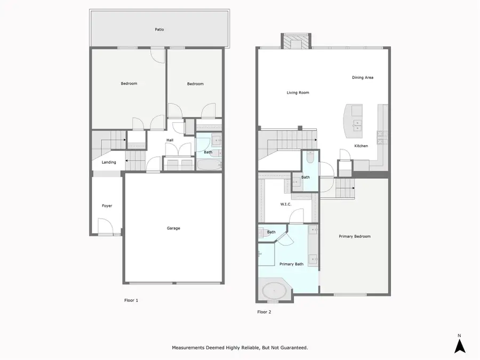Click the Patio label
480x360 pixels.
pyautogui.click(x=159, y=30)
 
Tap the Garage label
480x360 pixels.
pyautogui.click(x=173, y=228)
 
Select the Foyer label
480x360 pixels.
pyautogui.click(x=107, y=206)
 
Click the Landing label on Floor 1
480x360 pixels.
pyautogui.click(x=109, y=162)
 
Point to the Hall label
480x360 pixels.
pyautogui.click(x=170, y=140)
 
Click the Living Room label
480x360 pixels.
pyautogui.click(x=298, y=93)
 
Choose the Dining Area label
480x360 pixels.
pyautogui.click(x=363, y=78)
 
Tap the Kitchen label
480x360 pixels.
pyautogui.click(x=361, y=146)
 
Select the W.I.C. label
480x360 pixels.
pyautogui.click(x=286, y=204)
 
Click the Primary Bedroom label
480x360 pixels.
pyautogui.click(x=355, y=236)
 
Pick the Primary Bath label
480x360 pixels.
pyautogui.click(x=291, y=264)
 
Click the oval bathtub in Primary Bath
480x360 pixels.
pyautogui.click(x=274, y=291)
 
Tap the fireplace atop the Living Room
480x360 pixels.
pyautogui.click(x=296, y=41)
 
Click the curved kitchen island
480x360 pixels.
pyautogui.click(x=353, y=121)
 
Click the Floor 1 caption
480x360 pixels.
pyautogui.click(x=131, y=301)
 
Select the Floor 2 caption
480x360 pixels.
pyautogui.click(x=264, y=312)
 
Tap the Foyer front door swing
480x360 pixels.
pyautogui.click(x=105, y=226)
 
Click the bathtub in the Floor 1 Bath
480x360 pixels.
pyautogui.click(x=209, y=165)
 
